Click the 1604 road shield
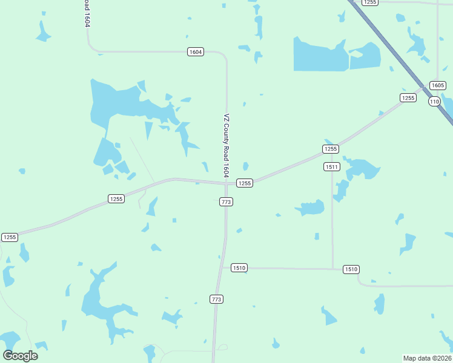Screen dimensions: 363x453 point(195,52)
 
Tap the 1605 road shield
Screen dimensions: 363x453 point(437,85)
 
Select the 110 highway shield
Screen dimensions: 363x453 point(434,101)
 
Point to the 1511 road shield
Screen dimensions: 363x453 point(331,166)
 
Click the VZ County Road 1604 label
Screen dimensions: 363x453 point(226,145)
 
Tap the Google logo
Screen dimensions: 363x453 point(21,356)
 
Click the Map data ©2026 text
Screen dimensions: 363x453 point(428,358)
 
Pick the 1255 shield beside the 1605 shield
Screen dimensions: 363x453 point(408,97)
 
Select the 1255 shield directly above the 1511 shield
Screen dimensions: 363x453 point(330,149)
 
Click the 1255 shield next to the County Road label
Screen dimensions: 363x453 point(244,183)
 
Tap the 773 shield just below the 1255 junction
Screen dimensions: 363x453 point(226,201)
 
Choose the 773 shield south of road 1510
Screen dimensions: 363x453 point(217,299)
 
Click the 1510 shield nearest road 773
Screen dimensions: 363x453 point(239,267)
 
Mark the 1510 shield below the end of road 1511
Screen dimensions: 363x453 point(351,269)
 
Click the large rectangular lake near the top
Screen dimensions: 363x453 point(320,55)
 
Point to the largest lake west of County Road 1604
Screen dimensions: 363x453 point(121,103)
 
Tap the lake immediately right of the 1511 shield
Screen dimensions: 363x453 point(361,168)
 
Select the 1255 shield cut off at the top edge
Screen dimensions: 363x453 point(370,2)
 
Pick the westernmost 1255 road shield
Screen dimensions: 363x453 point(10,237)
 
